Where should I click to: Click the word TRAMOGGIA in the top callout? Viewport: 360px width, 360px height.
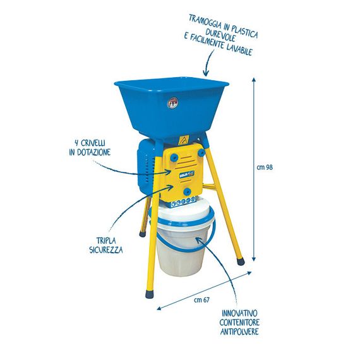pyautogui.click(x=205, y=23)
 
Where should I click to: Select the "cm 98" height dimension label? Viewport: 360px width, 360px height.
pyautogui.click(x=265, y=167)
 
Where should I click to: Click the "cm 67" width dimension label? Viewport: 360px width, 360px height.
pyautogui.click(x=202, y=300)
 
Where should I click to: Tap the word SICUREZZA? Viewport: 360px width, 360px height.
pyautogui.click(x=106, y=249)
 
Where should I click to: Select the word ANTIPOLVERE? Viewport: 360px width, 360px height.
pyautogui.click(x=239, y=332)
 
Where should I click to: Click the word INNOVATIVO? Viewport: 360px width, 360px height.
pyautogui.click(x=239, y=313)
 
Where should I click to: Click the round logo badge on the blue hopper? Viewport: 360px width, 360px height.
pyautogui.click(x=172, y=103)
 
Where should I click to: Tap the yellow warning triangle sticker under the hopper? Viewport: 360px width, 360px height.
pyautogui.click(x=183, y=140)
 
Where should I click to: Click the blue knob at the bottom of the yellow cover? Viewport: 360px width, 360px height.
pyautogui.click(x=188, y=191)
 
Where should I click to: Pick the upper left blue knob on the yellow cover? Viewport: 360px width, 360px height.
pyautogui.click(x=174, y=157)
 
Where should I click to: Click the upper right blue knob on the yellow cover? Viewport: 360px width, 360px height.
pyautogui.click(x=201, y=152)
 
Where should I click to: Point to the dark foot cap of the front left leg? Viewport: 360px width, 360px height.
pyautogui.click(x=150, y=294)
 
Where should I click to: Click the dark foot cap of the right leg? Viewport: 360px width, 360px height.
pyautogui.click(x=241, y=261)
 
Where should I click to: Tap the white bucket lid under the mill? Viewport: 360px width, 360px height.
pyautogui.click(x=181, y=212)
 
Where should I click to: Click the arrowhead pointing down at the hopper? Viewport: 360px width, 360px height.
pyautogui.click(x=206, y=73)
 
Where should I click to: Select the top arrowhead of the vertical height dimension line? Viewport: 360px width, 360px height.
pyautogui.click(x=253, y=80)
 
